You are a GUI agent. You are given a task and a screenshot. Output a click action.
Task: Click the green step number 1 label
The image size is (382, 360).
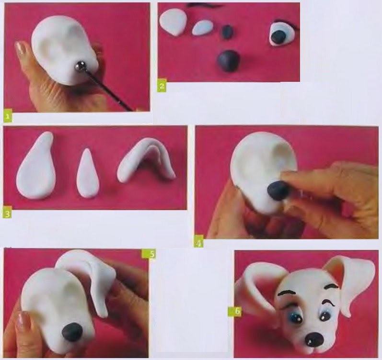pyautogui.click(x=8, y=116)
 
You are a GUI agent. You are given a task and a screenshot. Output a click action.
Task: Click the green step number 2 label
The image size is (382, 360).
pyautogui.click(x=162, y=86)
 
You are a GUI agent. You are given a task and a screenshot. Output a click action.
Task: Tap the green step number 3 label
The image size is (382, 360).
pyautogui.click(x=7, y=214)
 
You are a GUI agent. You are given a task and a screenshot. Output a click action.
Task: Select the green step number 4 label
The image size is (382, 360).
pyautogui.click(x=199, y=243)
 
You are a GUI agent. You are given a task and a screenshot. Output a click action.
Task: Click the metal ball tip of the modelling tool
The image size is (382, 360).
pyautogui.click(x=80, y=66)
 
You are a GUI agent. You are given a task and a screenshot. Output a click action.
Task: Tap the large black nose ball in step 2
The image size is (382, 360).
pyautogui.click(x=228, y=61)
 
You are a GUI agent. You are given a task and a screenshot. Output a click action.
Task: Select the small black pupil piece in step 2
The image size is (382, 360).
pyautogui.click(x=227, y=32)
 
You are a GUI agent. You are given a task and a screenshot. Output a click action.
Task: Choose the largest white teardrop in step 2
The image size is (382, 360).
pyautogui.click(x=173, y=22)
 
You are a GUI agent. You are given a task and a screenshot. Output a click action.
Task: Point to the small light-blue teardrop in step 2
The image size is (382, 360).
pyautogui.click(x=203, y=27)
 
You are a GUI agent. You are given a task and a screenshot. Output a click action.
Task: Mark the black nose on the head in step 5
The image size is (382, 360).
pyautogui.click(x=72, y=332)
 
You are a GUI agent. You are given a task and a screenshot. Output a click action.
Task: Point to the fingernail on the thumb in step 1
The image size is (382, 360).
pyautogui.click(x=22, y=48)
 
